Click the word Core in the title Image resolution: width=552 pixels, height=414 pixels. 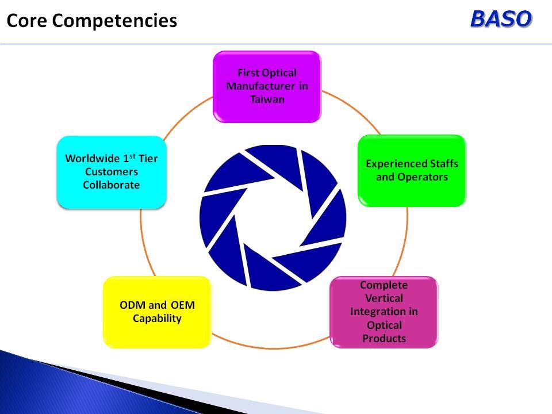tap(27, 21)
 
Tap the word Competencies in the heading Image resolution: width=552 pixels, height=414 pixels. tap(114, 21)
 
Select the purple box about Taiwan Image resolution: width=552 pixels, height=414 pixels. tap(267, 87)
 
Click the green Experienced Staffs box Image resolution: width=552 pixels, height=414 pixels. tap(412, 170)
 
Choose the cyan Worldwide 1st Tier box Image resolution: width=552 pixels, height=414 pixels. tap(112, 172)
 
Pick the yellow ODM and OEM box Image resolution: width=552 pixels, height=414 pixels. tap(157, 312)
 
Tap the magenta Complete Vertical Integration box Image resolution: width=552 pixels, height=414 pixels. tap(384, 312)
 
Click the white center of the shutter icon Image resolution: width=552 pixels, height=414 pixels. tap(273, 218)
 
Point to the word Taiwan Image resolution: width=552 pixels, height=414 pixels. tap(267, 99)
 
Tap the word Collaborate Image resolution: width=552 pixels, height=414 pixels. tap(111, 185)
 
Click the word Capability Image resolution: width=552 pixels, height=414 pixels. tap(157, 319)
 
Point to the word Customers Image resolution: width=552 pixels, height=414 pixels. tap(111, 171)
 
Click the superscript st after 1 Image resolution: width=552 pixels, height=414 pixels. tap(132, 156)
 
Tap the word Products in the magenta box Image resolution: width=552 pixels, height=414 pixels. tap(384, 338)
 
